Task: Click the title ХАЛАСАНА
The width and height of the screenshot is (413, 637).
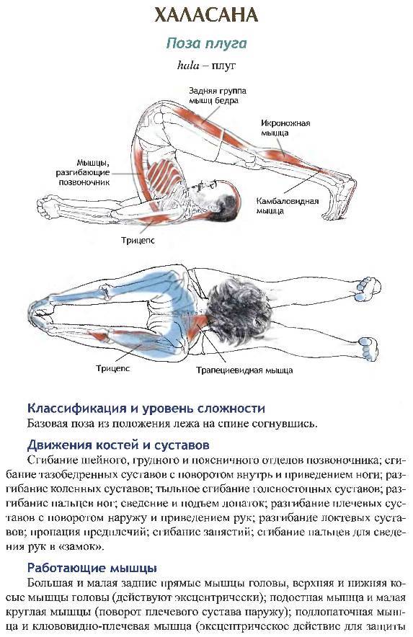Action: [206, 15]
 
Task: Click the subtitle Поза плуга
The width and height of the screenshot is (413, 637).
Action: [206, 43]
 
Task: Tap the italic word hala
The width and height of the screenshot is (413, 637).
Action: [188, 66]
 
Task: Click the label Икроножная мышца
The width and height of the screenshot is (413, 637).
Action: [285, 128]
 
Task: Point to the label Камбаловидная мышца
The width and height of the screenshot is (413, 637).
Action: [287, 205]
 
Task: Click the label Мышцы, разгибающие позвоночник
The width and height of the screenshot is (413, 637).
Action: [84, 173]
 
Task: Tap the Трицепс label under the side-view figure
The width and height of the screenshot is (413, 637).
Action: [138, 240]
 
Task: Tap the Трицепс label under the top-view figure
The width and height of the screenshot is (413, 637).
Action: [113, 368]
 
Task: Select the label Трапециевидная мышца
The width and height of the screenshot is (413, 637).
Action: [245, 370]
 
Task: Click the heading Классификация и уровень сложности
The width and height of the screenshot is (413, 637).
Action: [146, 408]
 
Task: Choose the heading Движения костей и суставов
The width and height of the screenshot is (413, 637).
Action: [118, 445]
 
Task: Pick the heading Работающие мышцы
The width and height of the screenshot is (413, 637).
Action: [92, 568]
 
